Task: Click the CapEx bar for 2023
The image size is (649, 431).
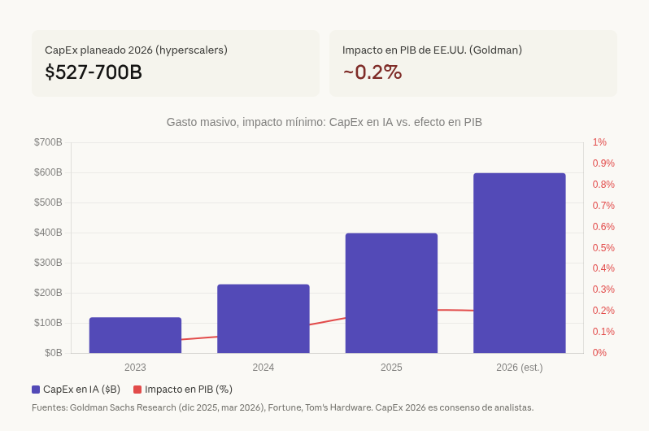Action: [135, 335]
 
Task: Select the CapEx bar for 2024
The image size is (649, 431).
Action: [263, 319]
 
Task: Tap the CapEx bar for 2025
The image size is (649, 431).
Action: [391, 293]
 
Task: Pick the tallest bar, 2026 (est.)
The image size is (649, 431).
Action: [519, 263]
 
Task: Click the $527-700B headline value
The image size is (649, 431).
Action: [94, 72]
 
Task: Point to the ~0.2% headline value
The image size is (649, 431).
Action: [372, 72]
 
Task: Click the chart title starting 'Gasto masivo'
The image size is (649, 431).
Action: [324, 122]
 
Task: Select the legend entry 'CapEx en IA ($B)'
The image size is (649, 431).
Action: [76, 390]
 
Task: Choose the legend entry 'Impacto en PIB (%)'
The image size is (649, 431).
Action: [183, 390]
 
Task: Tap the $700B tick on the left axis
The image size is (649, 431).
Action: [48, 142]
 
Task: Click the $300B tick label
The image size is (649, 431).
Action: [48, 263]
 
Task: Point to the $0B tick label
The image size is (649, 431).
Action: [53, 353]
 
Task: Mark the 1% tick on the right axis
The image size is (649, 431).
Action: [599, 142]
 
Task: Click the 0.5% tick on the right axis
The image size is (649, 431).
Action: [603, 248]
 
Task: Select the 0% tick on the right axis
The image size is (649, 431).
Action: [599, 353]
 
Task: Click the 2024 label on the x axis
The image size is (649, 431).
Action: [263, 368]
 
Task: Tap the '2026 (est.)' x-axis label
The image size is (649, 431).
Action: [519, 368]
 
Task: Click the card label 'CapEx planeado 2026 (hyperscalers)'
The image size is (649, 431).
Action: [136, 50]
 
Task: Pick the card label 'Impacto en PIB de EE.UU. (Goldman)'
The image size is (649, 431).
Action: [432, 50]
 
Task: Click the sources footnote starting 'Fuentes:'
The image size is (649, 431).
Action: [282, 407]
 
